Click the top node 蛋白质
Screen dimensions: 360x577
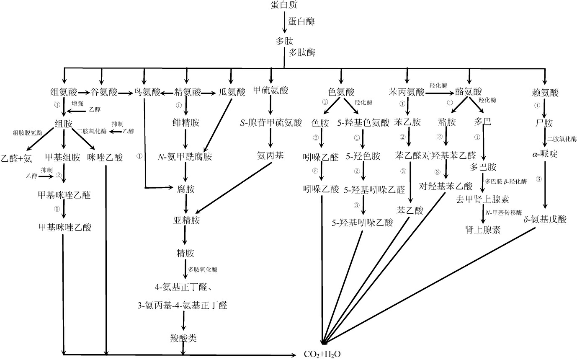[x=285, y=5]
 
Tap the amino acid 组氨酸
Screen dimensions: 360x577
[x=64, y=92]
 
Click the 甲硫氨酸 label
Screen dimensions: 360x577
[x=271, y=91]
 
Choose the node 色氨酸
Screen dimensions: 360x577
[x=341, y=92]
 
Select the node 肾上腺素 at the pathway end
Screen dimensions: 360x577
[x=482, y=230]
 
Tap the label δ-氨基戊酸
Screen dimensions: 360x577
[x=545, y=219]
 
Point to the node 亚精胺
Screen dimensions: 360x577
[x=186, y=221]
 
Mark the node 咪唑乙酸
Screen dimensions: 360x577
[x=105, y=158]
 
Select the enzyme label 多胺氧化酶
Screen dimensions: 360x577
[x=203, y=269]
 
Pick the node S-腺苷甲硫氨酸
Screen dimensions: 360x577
[x=270, y=123]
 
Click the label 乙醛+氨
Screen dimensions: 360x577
[x=16, y=158]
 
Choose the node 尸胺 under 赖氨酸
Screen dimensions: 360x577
[x=544, y=123]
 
